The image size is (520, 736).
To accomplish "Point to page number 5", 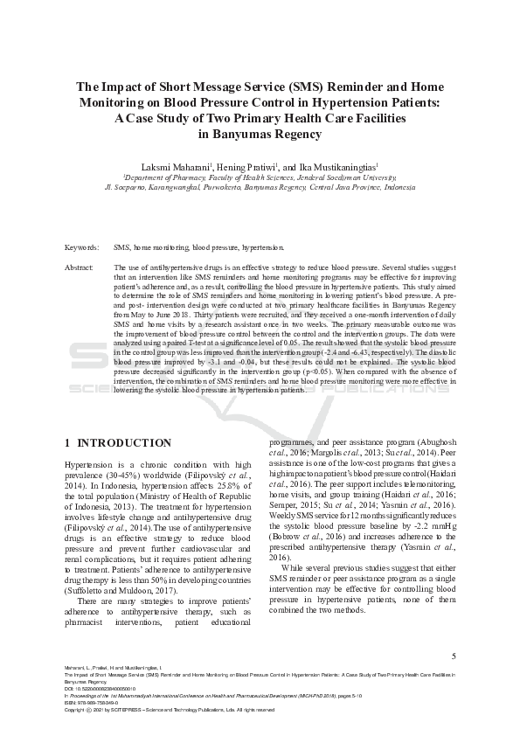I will click(453, 656).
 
